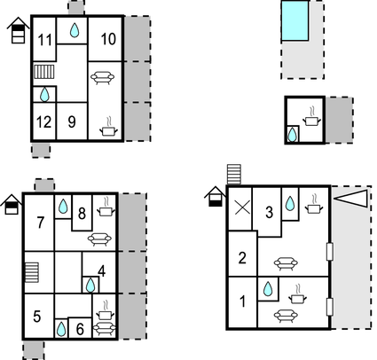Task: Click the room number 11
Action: coord(45,40)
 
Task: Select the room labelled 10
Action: coord(108,39)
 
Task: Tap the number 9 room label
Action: coord(72,121)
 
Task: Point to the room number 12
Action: coord(43,121)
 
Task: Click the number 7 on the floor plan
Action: coord(41,223)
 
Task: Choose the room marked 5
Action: coord(37,317)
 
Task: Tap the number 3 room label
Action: coord(269,212)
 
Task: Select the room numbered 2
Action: coord(242,258)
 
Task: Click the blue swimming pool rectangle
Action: coord(295,20)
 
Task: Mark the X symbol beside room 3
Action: coord(242,207)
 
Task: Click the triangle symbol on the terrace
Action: coord(351,198)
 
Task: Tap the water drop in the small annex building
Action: coord(292,135)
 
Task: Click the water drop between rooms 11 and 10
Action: coord(75,30)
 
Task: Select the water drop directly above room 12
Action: coord(44,95)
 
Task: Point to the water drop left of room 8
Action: coord(63,207)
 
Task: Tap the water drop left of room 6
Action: coord(61,329)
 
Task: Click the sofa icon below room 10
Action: coord(102,77)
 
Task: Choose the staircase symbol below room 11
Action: coord(44,72)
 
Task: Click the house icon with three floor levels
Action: coord(18,30)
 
